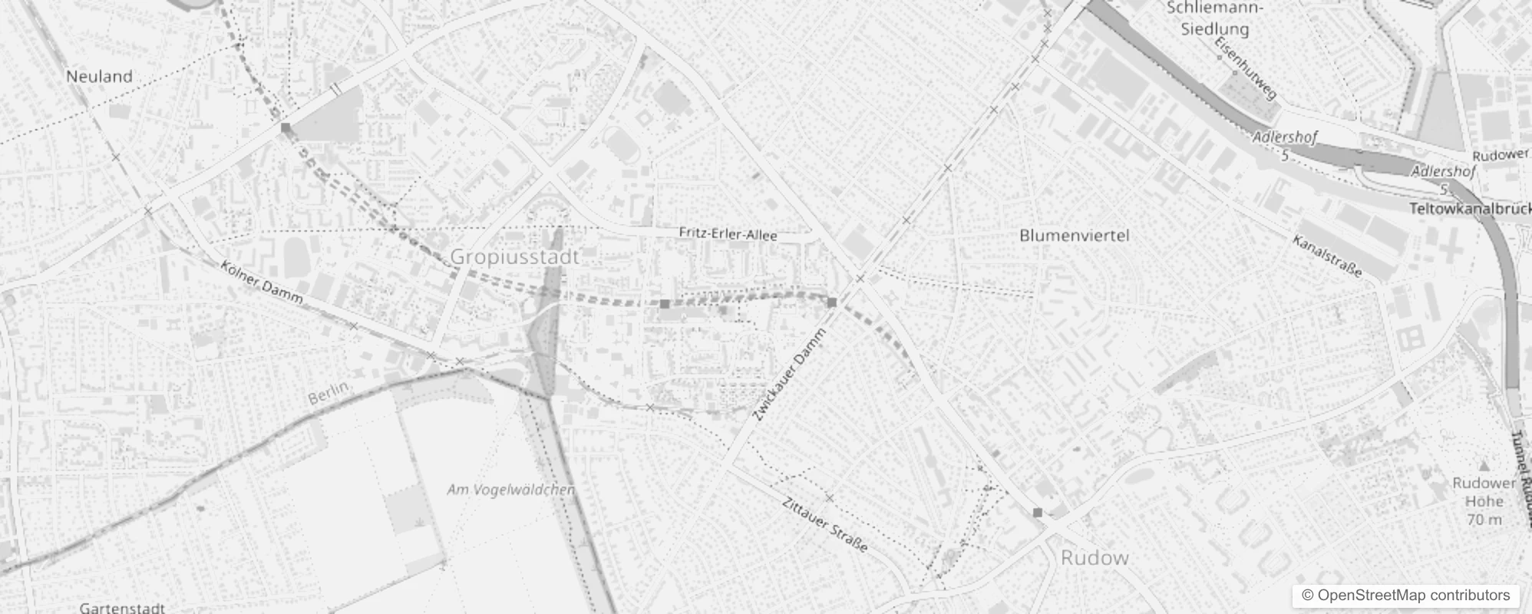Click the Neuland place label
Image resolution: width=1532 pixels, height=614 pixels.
click(99, 76)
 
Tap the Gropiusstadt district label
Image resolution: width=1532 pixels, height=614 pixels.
click(514, 256)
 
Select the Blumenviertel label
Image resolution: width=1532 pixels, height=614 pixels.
click(1074, 236)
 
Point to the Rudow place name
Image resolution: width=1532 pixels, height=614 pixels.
click(1094, 558)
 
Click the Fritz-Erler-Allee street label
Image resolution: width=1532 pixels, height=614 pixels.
click(728, 234)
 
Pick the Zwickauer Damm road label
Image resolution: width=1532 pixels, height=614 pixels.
click(790, 375)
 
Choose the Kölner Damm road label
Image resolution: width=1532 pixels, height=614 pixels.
click(261, 282)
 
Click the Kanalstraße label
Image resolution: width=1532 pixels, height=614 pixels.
click(1327, 256)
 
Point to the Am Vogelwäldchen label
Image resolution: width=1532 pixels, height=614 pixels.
click(510, 490)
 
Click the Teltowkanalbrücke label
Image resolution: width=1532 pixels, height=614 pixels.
click(1470, 209)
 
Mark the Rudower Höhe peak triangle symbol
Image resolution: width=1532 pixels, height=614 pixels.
click(1484, 466)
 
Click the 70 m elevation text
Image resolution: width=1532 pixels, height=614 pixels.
click(1484, 520)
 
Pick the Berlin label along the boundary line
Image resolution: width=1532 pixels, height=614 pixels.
click(328, 393)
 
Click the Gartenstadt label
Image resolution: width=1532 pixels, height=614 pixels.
click(122, 608)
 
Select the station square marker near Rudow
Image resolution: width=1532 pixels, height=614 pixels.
click(1038, 512)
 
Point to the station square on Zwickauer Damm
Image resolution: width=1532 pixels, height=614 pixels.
click(831, 302)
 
